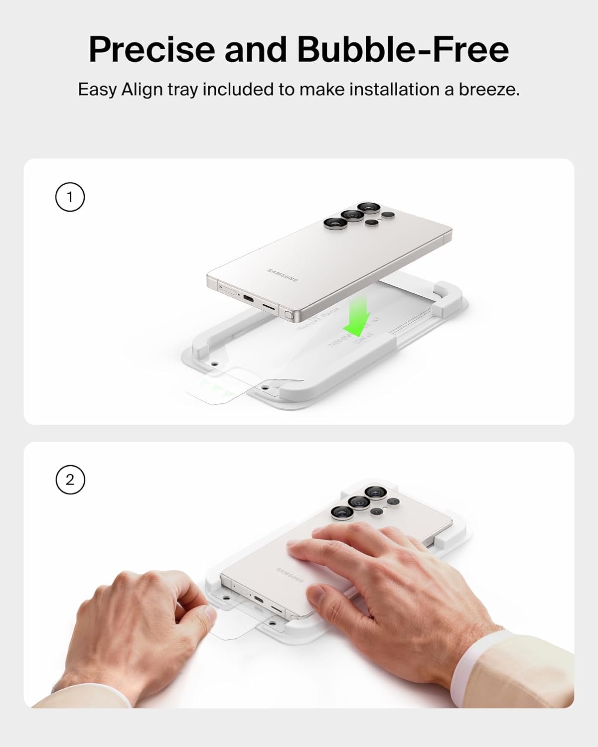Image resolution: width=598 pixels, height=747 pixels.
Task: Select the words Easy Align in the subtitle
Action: point(120,90)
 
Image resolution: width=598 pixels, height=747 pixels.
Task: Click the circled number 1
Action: point(70,197)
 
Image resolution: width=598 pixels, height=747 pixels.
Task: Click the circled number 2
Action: point(70,480)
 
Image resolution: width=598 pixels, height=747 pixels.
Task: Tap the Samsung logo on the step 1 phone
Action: point(283,275)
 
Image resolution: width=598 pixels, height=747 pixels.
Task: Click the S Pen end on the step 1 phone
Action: point(288,315)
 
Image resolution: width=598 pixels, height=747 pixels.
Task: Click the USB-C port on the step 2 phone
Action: point(258,599)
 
